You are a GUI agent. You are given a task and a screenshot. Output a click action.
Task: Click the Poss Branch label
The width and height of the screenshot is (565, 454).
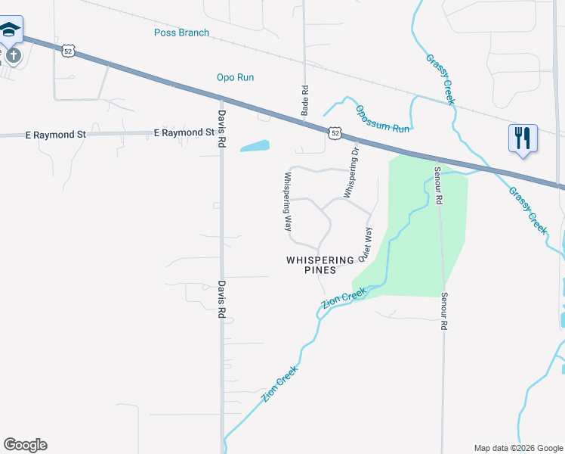181,33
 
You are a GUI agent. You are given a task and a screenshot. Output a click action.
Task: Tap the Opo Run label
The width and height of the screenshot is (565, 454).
235,77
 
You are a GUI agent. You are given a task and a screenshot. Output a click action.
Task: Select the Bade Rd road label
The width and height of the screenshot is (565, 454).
305,98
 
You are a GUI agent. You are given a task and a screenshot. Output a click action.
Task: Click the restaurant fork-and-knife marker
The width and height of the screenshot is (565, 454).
523,138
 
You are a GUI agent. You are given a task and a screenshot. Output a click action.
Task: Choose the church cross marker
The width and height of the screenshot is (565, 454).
12,55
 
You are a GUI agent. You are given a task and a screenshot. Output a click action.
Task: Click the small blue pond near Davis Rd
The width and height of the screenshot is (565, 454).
255,145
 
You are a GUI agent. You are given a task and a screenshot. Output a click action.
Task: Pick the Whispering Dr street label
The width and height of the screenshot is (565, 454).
351,173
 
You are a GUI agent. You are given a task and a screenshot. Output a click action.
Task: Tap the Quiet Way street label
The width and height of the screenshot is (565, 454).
367,245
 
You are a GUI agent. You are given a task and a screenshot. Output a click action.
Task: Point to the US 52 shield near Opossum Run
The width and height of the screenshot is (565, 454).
335,132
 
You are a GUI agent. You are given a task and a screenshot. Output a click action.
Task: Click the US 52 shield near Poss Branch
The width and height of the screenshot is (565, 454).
69,51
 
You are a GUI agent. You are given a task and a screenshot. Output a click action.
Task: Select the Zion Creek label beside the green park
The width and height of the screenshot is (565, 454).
344,297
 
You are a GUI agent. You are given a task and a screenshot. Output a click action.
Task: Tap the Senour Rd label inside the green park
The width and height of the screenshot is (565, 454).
437,186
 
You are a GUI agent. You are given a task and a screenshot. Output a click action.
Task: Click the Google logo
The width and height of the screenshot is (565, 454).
25,445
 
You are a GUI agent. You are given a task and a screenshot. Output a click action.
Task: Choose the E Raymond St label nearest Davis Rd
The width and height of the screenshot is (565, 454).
184,133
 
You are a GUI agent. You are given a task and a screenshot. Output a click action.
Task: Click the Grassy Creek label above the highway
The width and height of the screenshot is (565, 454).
440,76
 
